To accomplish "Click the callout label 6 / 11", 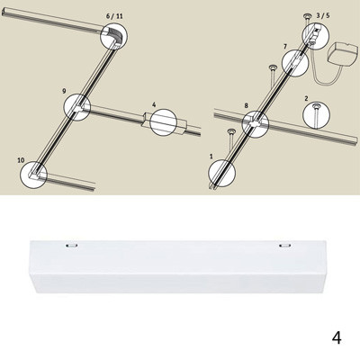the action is tap(114, 16).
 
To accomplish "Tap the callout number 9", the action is tap(64, 91).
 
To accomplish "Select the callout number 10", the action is tap(21, 160).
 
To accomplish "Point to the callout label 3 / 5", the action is tap(323, 15).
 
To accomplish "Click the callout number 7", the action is tap(285, 47).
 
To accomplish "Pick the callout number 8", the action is tap(247, 105).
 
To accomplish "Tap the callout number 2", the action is tap(306, 98).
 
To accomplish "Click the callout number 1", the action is tap(211, 157).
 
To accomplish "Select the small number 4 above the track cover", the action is tap(154, 104).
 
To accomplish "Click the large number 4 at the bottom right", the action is tap(337, 337).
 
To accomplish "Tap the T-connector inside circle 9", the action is tap(78, 107).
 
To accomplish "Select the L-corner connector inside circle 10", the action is tap(34, 175).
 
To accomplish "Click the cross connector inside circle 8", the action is tap(256, 123).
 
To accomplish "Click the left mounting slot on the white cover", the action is tap(72, 245).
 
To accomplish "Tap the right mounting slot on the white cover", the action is tap(284, 246).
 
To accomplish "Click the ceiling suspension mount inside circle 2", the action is tap(316, 114).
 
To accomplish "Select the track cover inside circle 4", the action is tap(164, 122).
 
